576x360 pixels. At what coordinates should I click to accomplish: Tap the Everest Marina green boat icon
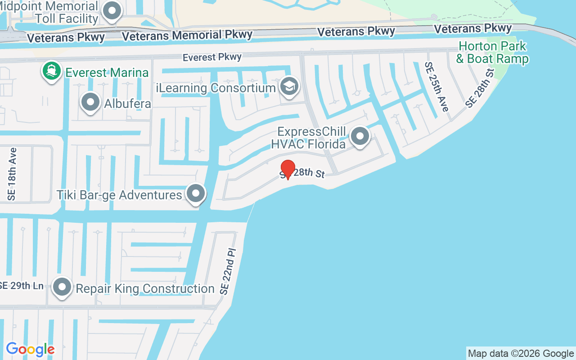click(x=52, y=72)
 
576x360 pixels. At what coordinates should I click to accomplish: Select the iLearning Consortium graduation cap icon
click(x=289, y=87)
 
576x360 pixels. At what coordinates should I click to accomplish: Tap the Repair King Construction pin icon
click(x=62, y=287)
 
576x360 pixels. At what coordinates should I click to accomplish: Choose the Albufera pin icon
click(x=90, y=102)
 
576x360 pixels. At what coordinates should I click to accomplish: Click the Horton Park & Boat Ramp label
click(x=492, y=52)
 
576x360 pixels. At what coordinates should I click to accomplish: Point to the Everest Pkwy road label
click(x=212, y=57)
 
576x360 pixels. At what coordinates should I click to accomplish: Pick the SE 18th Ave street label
click(x=12, y=174)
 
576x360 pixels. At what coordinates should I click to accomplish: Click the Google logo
click(x=30, y=349)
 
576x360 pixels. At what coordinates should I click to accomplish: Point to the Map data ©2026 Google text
click(x=521, y=353)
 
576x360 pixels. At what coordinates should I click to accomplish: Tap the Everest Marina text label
click(x=107, y=72)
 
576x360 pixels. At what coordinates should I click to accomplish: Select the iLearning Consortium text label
click(x=216, y=88)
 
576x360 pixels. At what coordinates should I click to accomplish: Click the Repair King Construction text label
click(x=145, y=288)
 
